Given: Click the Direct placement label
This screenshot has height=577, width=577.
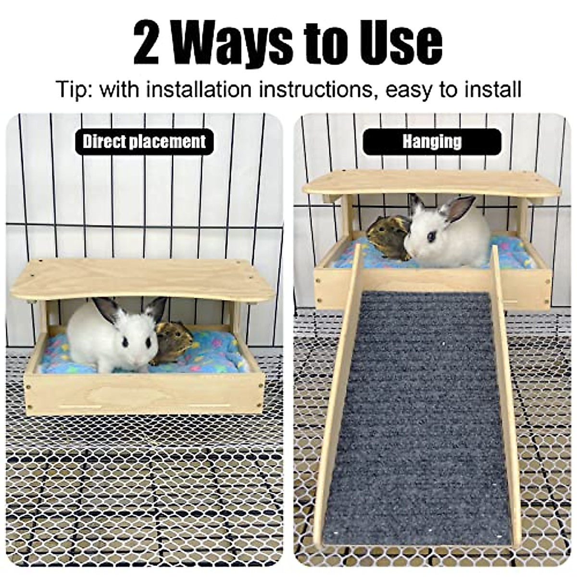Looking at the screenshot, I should pyautogui.click(x=144, y=141).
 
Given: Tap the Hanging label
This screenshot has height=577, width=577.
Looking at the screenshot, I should pyautogui.click(x=432, y=141).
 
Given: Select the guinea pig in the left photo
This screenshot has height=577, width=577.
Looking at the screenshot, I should pyautogui.click(x=171, y=342).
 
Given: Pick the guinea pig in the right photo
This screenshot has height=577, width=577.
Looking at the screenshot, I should pyautogui.click(x=387, y=237).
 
